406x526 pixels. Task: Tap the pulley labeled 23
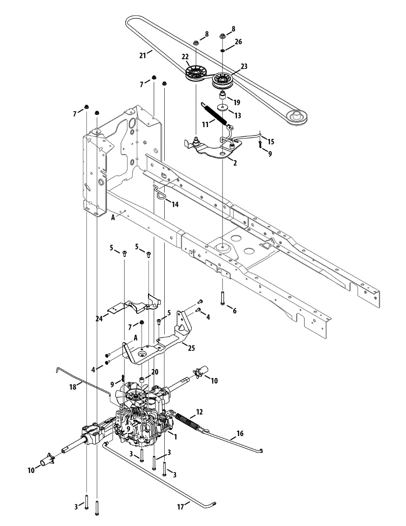coord(223,80)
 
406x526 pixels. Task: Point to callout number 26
coord(238,42)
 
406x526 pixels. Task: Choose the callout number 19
coord(237,102)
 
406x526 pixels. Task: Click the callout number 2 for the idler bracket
coord(235,163)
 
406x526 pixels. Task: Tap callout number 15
coord(271,142)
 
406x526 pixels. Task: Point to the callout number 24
coord(100,319)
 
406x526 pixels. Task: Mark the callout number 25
coord(191,349)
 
